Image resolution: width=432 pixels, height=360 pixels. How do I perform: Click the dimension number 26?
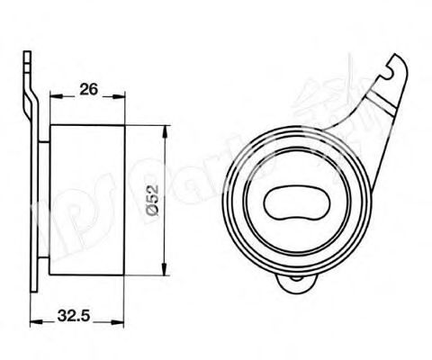(88, 89)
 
